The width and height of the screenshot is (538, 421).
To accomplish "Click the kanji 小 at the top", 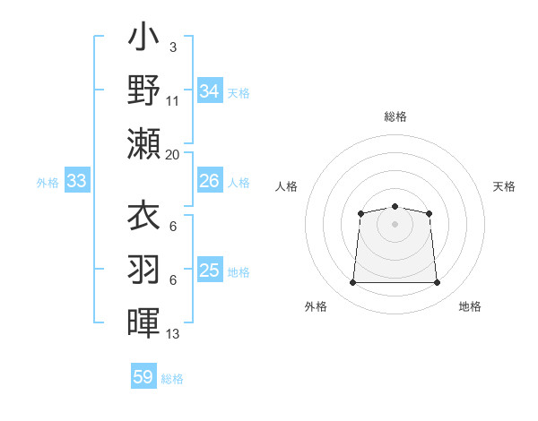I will tap(143, 39).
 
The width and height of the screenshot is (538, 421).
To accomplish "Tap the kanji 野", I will tap(143, 90).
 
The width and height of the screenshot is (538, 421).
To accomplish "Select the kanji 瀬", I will tap(143, 143).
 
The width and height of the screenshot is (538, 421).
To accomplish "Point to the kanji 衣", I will tap(143, 218).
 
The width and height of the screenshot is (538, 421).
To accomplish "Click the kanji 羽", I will tap(143, 269).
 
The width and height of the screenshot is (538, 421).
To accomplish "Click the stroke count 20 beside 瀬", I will tap(173, 154).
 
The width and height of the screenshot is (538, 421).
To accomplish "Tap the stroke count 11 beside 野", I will tap(173, 101).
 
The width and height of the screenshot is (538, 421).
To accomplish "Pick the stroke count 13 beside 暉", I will tap(173, 334).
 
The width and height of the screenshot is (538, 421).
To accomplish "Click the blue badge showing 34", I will tap(209, 90).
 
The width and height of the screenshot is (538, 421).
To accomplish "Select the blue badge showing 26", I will tap(209, 182).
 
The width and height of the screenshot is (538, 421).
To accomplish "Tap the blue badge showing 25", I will tap(209, 271).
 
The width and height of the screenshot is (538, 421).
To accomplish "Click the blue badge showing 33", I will tap(76, 182).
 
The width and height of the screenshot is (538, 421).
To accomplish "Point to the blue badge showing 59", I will tap(143, 377).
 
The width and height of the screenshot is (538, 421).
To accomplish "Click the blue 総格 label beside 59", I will tap(172, 379).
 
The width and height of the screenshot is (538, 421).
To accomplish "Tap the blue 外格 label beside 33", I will tap(48, 183).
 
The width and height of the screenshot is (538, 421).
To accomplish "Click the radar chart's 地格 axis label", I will tap(470, 306).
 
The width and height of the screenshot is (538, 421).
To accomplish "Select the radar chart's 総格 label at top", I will tap(395, 116).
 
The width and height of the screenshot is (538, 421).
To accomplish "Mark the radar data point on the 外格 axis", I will tap(352, 283).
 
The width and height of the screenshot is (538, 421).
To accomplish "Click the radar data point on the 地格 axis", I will tap(437, 283).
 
